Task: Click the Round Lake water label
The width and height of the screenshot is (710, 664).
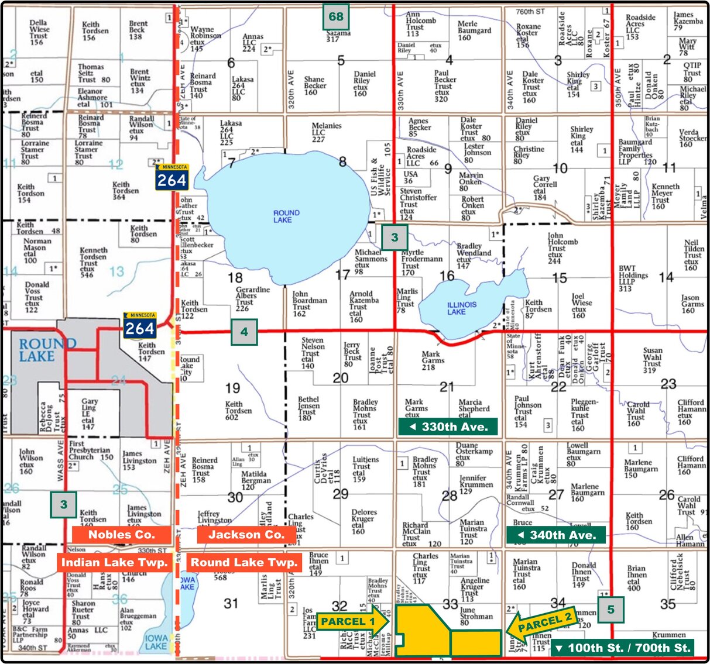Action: point(286,216)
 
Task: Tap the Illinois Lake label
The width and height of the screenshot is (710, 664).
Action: point(462,308)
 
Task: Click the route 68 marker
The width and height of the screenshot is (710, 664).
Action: point(336,17)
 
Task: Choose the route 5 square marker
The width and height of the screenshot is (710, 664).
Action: point(610,610)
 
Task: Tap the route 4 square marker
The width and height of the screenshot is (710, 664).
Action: point(244,332)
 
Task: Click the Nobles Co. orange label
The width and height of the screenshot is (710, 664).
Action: point(122,534)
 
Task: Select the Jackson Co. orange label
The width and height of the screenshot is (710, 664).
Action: point(246,534)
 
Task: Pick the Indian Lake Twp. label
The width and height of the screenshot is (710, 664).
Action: point(115,563)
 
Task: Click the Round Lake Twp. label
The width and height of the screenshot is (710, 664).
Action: point(244,563)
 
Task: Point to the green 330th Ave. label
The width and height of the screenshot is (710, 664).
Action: point(448,427)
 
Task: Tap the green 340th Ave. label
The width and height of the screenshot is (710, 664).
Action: point(556,535)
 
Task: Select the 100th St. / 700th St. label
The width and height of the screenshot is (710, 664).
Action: point(623,648)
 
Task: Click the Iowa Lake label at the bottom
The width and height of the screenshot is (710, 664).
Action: point(156,642)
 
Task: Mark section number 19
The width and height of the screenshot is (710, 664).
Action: point(232,387)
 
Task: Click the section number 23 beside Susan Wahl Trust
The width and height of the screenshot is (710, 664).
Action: point(668,384)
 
